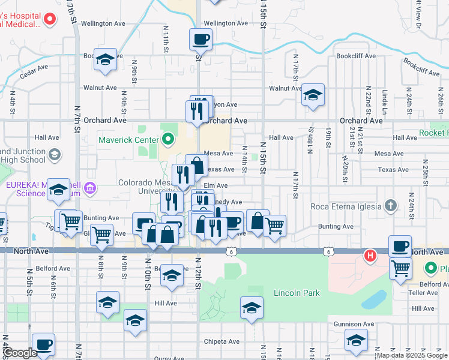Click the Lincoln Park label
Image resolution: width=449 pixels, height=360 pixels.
tap(296, 293)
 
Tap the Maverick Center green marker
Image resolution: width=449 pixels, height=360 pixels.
tap(167, 140)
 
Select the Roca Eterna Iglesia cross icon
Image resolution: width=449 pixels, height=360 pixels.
tap(390, 206)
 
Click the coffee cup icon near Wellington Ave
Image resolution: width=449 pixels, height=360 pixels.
tap(200, 40)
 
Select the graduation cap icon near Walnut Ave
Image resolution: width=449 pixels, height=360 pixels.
tap(313, 95)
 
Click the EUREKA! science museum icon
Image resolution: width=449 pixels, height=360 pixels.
tap(91, 190)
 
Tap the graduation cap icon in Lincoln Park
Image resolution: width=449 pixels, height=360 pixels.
tap(252, 309)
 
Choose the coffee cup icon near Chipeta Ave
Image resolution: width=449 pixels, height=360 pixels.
tap(44, 344)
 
